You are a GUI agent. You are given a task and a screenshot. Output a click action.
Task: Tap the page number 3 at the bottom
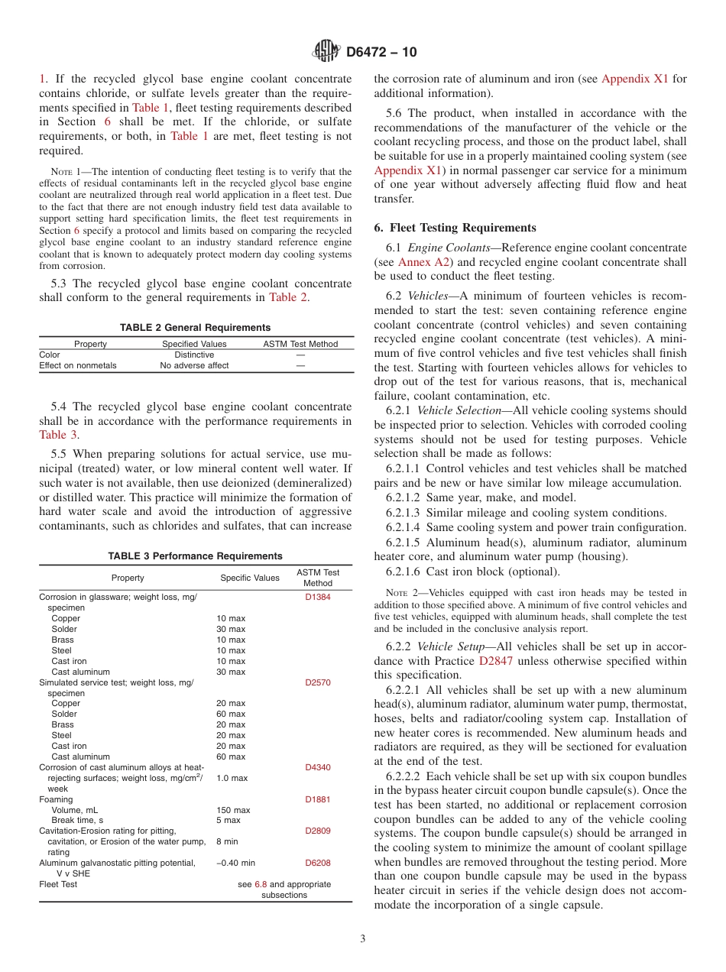click(x=363, y=938)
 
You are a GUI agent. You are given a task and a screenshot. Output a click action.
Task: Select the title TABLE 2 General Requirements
click(x=195, y=327)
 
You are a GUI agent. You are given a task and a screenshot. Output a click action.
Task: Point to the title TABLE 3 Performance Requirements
click(x=195, y=556)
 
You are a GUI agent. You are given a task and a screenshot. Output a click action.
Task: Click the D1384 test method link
click(x=318, y=597)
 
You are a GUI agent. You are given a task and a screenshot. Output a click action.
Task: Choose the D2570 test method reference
click(x=318, y=682)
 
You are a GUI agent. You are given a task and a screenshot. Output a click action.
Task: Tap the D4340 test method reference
click(x=318, y=767)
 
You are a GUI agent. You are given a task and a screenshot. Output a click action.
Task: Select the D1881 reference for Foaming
click(x=318, y=799)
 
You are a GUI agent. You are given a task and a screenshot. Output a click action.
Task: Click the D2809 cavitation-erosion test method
click(x=318, y=831)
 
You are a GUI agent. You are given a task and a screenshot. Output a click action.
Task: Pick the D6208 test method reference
click(x=318, y=863)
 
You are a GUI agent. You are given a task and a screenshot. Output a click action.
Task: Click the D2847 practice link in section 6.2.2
click(x=499, y=660)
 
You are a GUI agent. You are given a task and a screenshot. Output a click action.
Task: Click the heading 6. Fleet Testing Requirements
click(x=455, y=228)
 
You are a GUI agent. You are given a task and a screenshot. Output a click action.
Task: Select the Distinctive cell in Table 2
click(x=194, y=355)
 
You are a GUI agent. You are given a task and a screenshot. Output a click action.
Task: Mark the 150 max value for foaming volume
click(x=233, y=810)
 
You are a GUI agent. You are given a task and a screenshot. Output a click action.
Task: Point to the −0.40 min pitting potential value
click(x=235, y=863)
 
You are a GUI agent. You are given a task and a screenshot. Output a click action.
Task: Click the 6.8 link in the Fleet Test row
click(x=261, y=884)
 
